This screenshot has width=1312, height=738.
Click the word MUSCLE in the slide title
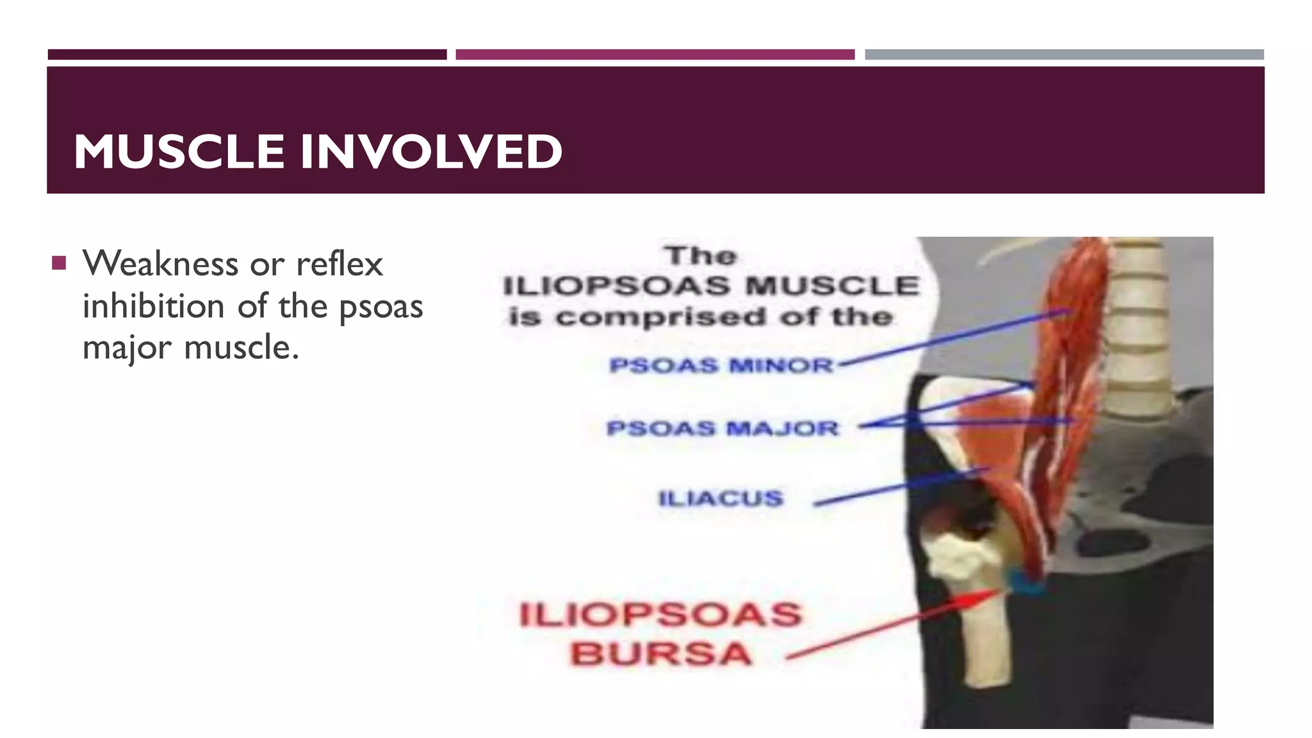[x=179, y=152]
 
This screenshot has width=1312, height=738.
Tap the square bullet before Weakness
[x=60, y=263]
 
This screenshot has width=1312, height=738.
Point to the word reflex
[x=339, y=263]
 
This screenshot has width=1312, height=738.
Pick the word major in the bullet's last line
[x=127, y=348]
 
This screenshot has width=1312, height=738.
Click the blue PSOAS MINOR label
[x=721, y=365]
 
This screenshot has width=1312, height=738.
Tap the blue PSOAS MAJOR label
[x=722, y=428]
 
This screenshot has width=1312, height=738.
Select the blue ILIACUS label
[x=721, y=498]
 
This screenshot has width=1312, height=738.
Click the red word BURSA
[x=660, y=654]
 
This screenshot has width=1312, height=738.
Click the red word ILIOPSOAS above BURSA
[x=660, y=614]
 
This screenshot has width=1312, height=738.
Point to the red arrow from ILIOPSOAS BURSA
[x=897, y=625]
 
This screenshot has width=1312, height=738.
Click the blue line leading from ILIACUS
[x=897, y=487]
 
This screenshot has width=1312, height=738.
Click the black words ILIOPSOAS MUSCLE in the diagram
[x=711, y=286]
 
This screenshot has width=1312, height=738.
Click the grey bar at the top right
[x=1064, y=54]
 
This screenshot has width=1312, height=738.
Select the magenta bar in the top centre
[x=655, y=54]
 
